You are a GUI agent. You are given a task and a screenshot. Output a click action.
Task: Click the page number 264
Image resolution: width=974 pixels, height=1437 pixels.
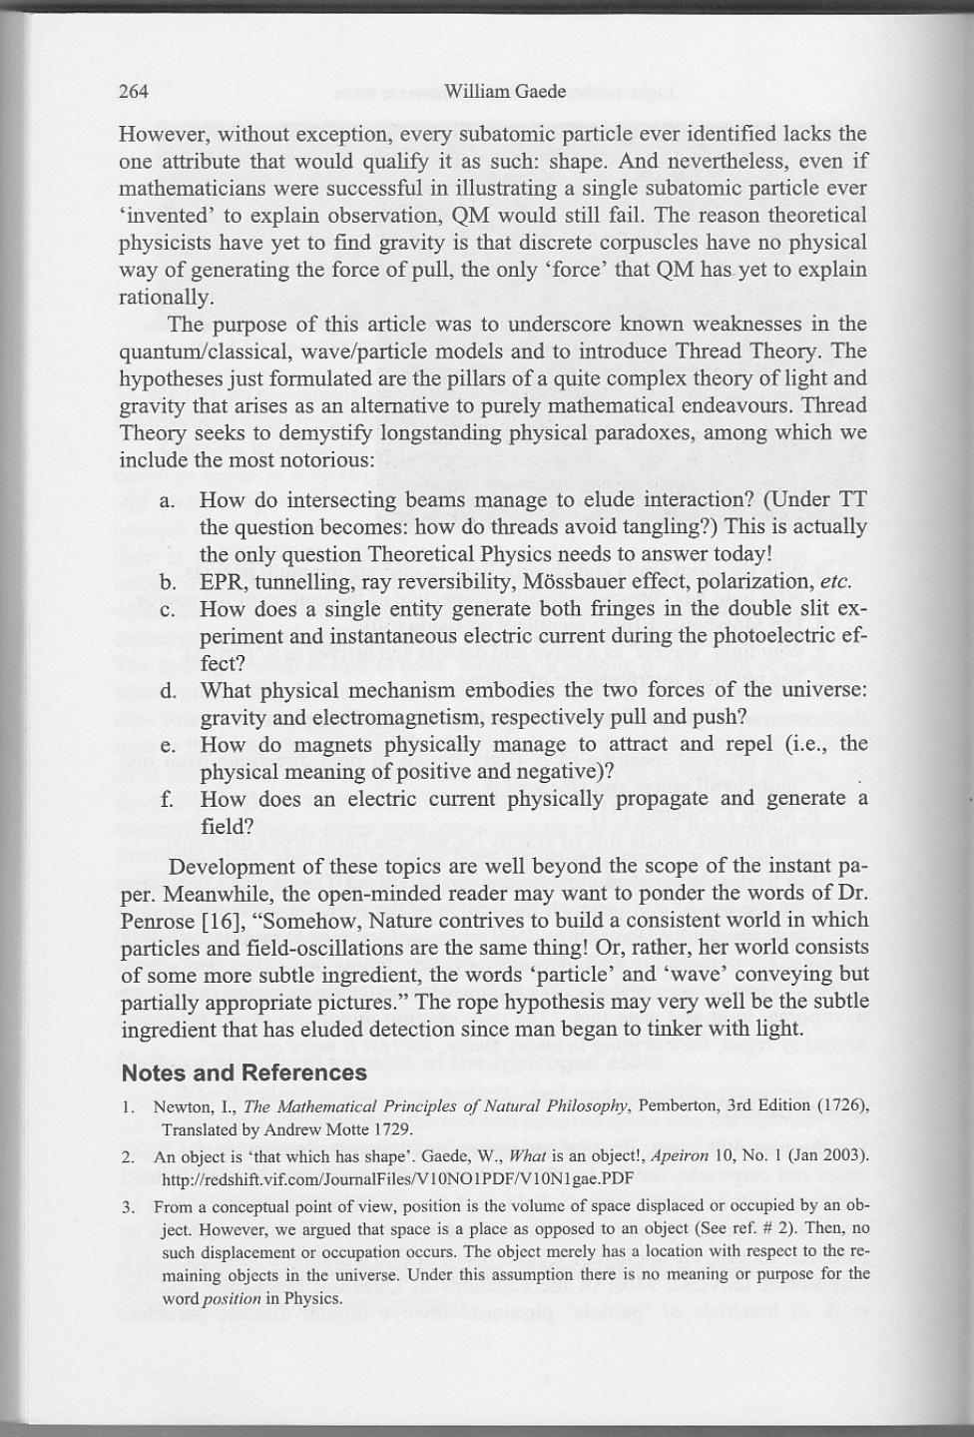pyautogui.click(x=134, y=92)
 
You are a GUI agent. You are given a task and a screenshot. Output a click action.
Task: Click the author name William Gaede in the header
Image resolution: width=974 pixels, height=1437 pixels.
pyautogui.click(x=504, y=92)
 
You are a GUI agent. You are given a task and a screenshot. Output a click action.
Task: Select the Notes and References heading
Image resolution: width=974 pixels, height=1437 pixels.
pyautogui.click(x=243, y=1074)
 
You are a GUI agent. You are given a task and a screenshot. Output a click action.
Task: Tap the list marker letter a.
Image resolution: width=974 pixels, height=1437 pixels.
pyautogui.click(x=168, y=500)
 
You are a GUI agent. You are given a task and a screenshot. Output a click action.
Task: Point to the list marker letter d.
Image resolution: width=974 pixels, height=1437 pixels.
pyautogui.click(x=168, y=691)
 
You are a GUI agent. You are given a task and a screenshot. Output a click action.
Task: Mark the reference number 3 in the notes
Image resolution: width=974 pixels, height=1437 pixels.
pyautogui.click(x=129, y=1207)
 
